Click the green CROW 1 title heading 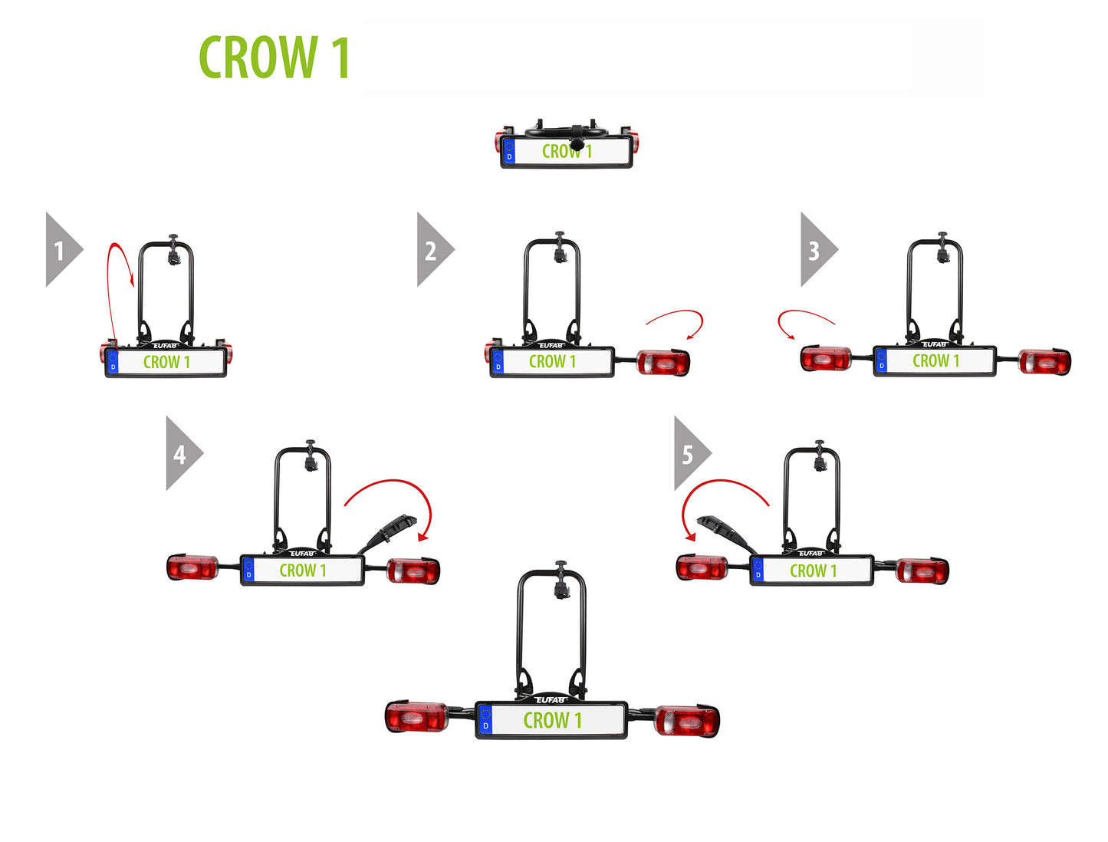click(x=274, y=58)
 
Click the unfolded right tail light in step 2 click(x=663, y=362)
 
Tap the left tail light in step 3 click(x=825, y=358)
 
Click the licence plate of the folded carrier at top click(x=567, y=152)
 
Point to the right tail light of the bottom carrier click(x=686, y=721)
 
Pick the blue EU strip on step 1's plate click(x=113, y=362)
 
